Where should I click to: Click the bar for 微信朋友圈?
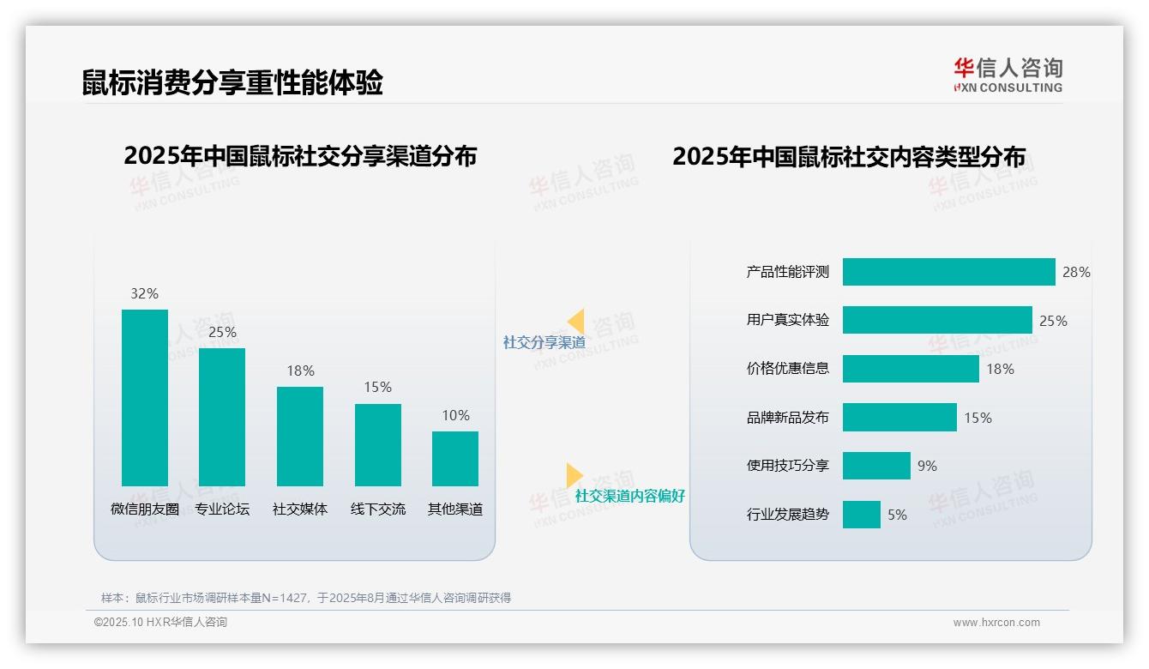145,398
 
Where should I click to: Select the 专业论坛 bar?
222,417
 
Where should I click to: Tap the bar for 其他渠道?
455,459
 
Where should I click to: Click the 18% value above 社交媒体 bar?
300,371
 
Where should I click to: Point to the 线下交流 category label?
378,509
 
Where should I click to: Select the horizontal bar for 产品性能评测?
948,272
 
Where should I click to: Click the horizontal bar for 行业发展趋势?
861,515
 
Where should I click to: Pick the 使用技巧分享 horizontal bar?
876,466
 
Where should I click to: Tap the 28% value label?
1076,272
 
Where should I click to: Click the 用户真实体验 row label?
788,320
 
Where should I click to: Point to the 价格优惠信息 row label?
788,369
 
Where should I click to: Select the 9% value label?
927,466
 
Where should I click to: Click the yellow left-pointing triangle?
575,322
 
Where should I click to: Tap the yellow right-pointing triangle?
574,475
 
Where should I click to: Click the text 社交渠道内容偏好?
630,496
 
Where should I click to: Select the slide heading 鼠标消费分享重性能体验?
232,82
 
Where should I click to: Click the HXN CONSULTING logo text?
1008,87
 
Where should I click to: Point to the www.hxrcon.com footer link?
996,623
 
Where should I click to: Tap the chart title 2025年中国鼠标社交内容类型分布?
848,157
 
